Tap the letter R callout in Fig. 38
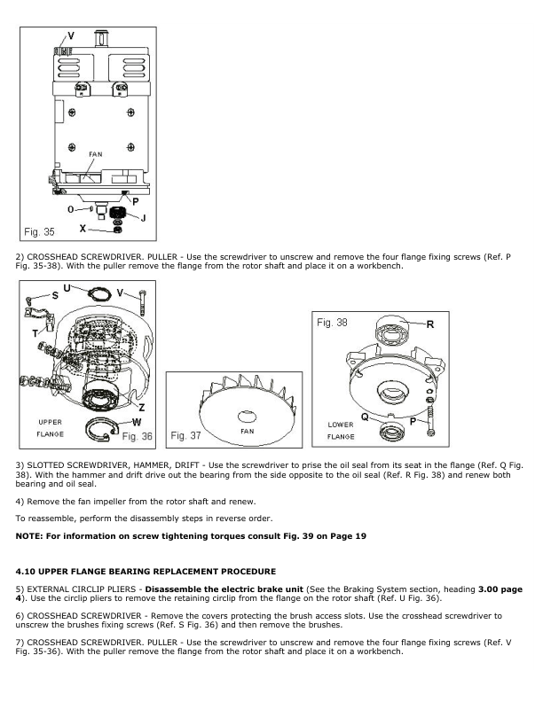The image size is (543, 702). [429, 325]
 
